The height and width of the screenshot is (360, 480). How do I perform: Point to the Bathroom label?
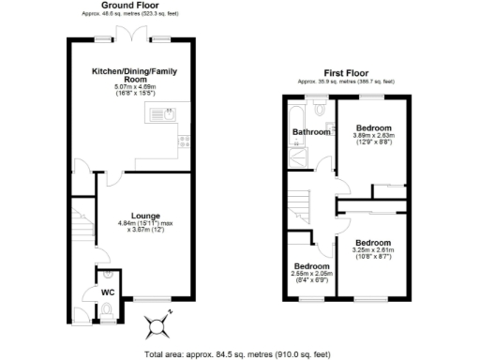tap(311, 132)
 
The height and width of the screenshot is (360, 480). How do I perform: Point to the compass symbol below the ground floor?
tap(157, 325)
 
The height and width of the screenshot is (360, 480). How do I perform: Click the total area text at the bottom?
tap(238, 353)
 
